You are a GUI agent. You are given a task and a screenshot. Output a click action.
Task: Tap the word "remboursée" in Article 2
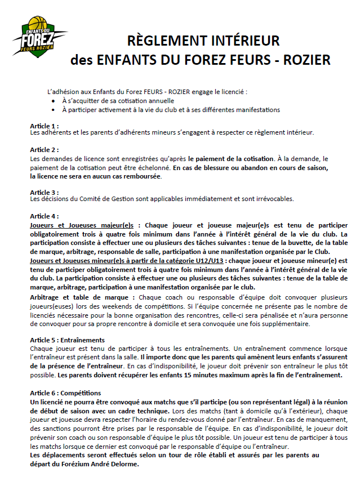pyautogui.click(x=139, y=176)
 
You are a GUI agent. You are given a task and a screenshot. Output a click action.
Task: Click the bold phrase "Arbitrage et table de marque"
pyautogui.click(x=81, y=297)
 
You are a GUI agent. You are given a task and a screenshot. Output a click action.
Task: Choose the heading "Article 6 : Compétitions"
pyautogui.click(x=65, y=393)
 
